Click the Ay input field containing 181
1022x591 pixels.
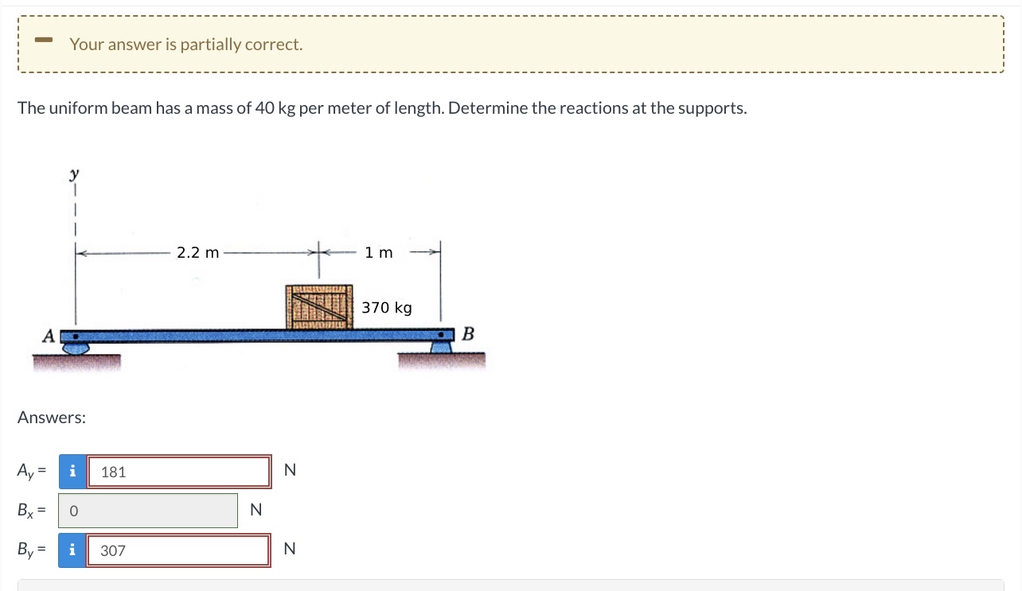point(179,472)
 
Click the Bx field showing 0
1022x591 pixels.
point(148,511)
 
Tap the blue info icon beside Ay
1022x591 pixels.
point(72,472)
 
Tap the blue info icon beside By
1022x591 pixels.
point(72,550)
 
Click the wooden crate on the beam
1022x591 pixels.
point(319,306)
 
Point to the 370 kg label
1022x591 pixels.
point(387,308)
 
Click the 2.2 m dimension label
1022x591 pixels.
point(197,253)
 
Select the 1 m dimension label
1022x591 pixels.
point(379,253)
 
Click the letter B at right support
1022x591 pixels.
point(468,333)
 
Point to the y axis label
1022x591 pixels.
point(75,171)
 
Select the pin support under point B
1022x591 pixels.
point(442,346)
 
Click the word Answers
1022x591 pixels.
point(52,418)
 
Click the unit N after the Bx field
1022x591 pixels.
point(255,511)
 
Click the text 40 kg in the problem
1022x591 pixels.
point(275,108)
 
